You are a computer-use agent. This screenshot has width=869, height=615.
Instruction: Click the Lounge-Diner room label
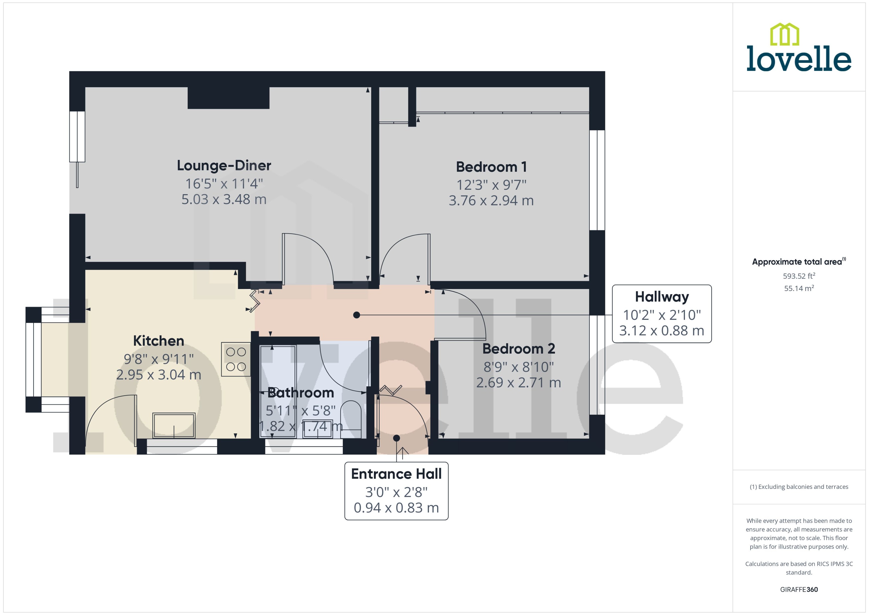[224, 166]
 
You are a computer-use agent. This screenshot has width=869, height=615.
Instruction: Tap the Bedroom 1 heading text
[491, 167]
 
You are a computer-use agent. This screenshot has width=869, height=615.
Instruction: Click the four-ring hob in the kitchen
[236, 359]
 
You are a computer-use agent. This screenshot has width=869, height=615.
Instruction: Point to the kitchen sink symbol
[174, 425]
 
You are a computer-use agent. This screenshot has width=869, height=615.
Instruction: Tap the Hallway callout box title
[661, 297]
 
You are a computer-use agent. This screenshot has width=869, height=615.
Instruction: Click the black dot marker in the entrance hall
[397, 438]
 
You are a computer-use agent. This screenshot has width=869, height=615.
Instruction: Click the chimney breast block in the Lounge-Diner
[228, 98]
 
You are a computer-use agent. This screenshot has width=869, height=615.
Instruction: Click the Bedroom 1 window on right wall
[597, 180]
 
